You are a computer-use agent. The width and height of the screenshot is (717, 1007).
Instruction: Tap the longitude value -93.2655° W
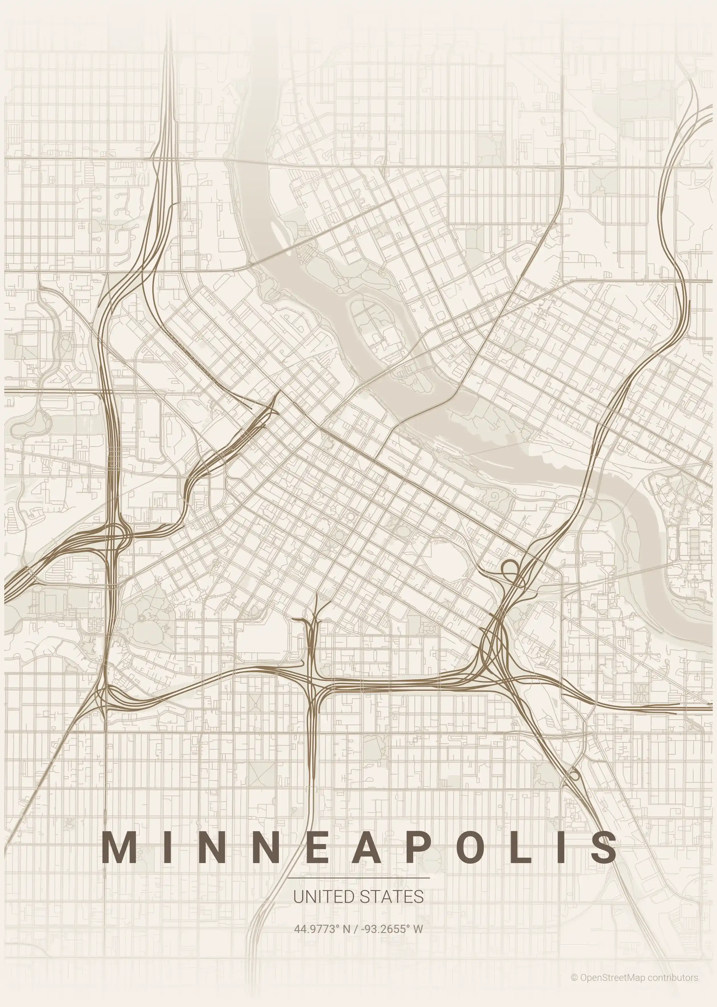392,928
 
